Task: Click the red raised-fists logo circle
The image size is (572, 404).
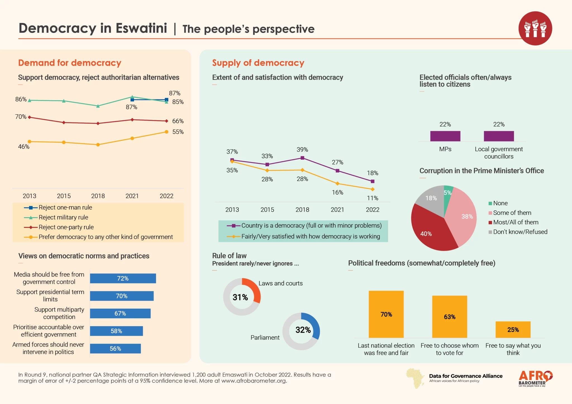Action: tap(535, 28)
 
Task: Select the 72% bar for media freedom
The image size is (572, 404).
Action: tap(123, 278)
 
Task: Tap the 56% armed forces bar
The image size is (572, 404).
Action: tap(115, 348)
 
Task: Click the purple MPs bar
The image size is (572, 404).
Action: tap(445, 136)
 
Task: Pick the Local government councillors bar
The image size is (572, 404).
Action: tap(499, 136)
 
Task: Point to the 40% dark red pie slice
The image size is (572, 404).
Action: tap(430, 229)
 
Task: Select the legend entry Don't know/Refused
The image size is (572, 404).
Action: tap(518, 232)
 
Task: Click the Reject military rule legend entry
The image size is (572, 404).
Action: tap(63, 217)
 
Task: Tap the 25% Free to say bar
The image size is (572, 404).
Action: tap(513, 329)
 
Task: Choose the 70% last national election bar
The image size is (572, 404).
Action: tap(386, 314)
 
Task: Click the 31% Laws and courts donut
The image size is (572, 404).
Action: tap(242, 297)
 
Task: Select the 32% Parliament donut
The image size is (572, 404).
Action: tap(301, 331)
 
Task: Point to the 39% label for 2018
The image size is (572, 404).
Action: tap(302, 150)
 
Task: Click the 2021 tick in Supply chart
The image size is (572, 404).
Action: tap(337, 210)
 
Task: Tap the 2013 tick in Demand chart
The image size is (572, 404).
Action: tap(30, 196)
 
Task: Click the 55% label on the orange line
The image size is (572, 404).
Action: tap(178, 132)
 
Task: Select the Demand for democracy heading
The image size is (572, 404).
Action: tap(70, 63)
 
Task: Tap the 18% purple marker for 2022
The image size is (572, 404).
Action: tap(373, 181)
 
